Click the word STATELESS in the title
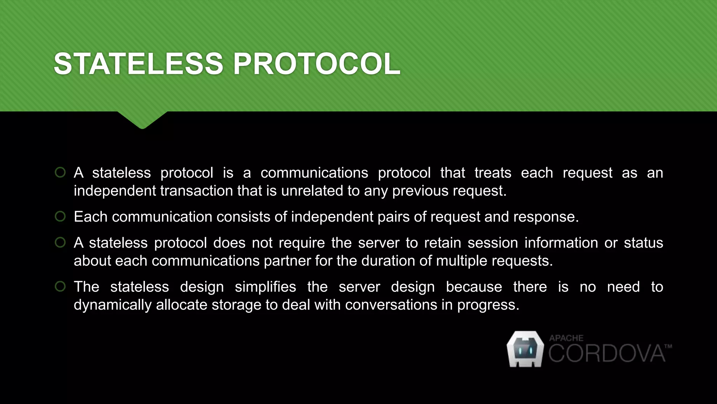pos(138,64)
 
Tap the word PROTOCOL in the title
pos(316,64)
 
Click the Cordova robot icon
pos(525,349)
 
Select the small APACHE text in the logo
pos(566,338)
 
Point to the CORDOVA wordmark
pos(606,353)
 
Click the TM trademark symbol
pos(668,346)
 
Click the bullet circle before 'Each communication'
pos(60,216)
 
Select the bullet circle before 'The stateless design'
pos(60,287)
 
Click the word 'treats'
pos(493,173)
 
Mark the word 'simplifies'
pos(265,287)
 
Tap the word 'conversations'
pos(391,305)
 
